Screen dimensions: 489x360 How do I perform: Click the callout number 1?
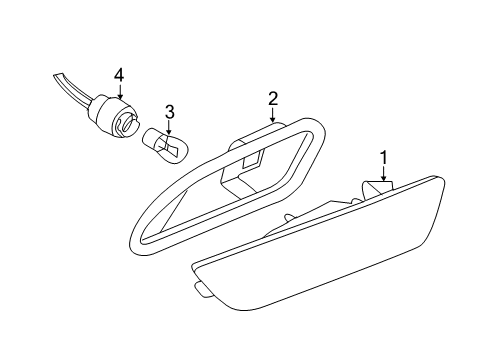pos(384,158)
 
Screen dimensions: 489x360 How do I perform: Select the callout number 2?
pos(273,99)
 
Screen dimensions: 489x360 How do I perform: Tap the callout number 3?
pos(169,112)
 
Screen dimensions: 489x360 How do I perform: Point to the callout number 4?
pos(119,75)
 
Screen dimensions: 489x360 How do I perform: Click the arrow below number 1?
pos(384,174)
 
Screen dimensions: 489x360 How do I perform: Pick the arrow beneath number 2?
pos(273,115)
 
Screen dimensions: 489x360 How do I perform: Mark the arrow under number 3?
pos(169,128)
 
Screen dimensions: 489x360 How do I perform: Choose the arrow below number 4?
pos(120,91)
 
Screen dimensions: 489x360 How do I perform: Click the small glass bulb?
pos(166,147)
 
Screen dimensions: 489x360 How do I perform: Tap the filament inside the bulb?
pos(169,148)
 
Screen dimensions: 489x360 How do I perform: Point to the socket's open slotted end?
pos(128,123)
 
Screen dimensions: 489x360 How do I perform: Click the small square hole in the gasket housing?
pos(252,159)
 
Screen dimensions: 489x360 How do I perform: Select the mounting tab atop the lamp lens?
pos(378,189)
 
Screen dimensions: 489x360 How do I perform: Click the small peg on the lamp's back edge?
pos(289,217)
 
